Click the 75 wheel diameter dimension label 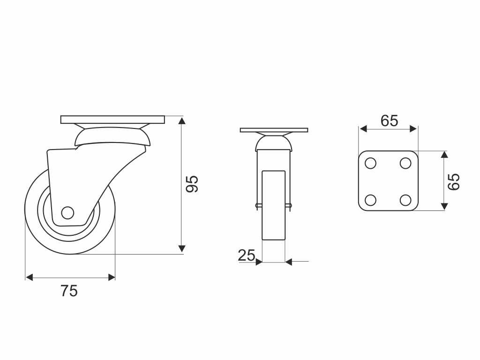pyautogui.click(x=69, y=291)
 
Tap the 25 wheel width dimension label pyautogui.click(x=247, y=255)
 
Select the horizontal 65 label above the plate pyautogui.click(x=390, y=120)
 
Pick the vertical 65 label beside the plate pyautogui.click(x=454, y=182)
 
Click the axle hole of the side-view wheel pyautogui.click(x=67, y=213)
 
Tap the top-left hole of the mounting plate pyautogui.click(x=370, y=163)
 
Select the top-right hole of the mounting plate pyautogui.click(x=405, y=163)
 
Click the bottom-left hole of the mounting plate pyautogui.click(x=370, y=200)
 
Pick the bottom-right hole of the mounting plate pyautogui.click(x=405, y=200)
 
